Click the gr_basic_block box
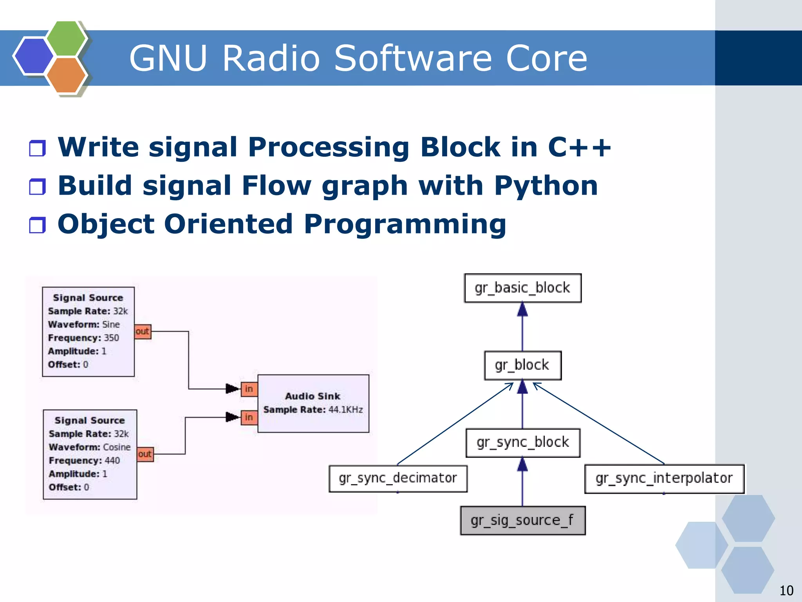pyautogui.click(x=522, y=288)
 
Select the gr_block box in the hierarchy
pyautogui.click(x=522, y=365)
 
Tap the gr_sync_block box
pyautogui.click(x=522, y=443)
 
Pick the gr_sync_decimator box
pyautogui.click(x=398, y=478)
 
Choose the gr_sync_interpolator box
pyautogui.click(x=664, y=478)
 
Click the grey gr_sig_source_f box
pyautogui.click(x=522, y=520)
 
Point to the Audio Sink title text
pyautogui.click(x=312, y=396)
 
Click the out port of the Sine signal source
pyautogui.click(x=143, y=331)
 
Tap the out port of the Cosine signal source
pyautogui.click(x=145, y=454)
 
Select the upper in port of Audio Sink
pyautogui.click(x=249, y=389)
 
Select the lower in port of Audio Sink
pyautogui.click(x=249, y=417)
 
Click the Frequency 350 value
pyautogui.click(x=111, y=338)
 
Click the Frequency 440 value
pyautogui.click(x=112, y=460)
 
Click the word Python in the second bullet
pyautogui.click(x=546, y=186)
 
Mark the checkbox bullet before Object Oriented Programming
pyautogui.click(x=38, y=225)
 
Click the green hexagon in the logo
pyautogui.click(x=67, y=38)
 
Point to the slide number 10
pyautogui.click(x=786, y=590)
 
